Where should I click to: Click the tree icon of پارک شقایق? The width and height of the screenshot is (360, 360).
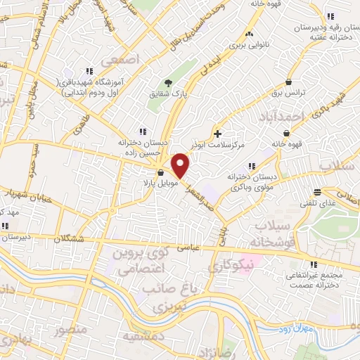[x=167, y=82]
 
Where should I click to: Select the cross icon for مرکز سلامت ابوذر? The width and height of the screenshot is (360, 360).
[x=218, y=134]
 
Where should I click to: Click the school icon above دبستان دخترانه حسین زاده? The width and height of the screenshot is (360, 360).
[x=143, y=131]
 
